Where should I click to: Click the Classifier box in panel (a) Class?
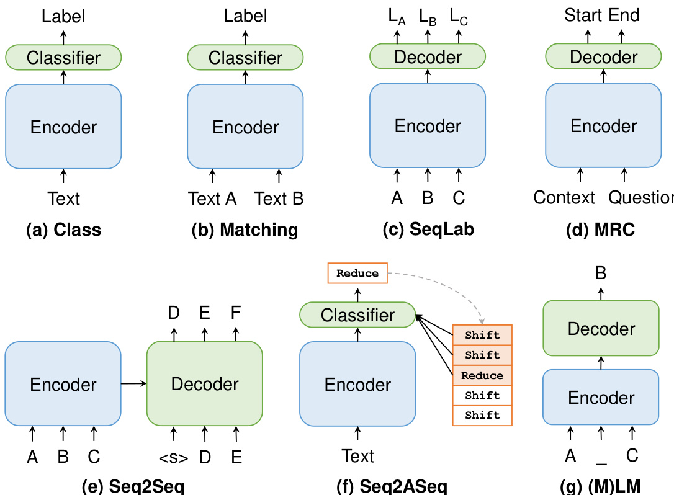[64, 57]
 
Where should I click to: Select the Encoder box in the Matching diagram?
[245, 127]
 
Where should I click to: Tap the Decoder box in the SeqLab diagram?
[428, 56]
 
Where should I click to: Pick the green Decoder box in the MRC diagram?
[603, 56]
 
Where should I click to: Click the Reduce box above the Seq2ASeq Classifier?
[357, 274]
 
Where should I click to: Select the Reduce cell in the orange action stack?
[482, 375]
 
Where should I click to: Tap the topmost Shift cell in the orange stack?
[482, 335]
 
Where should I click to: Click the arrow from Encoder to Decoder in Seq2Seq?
[134, 384]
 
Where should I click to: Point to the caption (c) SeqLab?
[428, 230]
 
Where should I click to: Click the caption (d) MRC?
[601, 230]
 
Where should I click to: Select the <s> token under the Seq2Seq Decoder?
[174, 458]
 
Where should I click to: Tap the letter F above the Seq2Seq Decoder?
[236, 313]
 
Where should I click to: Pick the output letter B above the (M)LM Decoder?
[601, 273]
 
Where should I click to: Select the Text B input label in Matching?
[279, 198]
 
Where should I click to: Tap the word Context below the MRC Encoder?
[564, 198]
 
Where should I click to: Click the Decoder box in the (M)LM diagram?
[601, 328]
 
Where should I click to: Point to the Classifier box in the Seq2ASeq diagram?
[357, 315]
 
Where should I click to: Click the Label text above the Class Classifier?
[64, 16]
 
